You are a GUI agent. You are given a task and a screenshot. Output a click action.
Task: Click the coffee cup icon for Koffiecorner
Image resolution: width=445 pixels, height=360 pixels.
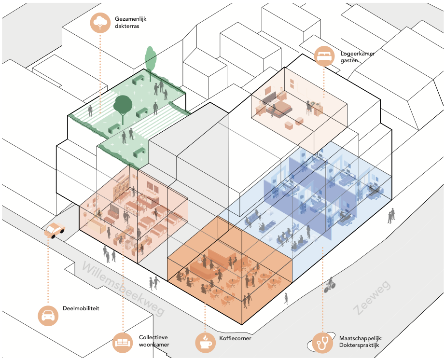click(x=205, y=342)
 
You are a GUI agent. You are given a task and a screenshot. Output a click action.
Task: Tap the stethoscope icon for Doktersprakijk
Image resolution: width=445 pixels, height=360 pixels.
click(x=322, y=343)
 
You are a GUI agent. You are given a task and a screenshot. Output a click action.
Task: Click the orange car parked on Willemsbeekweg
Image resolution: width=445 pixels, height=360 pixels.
click(x=55, y=230)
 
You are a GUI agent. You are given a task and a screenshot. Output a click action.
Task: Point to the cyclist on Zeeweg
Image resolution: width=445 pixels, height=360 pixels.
click(x=330, y=285)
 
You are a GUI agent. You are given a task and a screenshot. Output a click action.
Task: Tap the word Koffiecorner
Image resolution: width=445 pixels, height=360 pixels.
click(x=236, y=338)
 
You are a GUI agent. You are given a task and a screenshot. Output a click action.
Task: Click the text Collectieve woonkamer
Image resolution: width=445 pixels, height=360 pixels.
click(x=153, y=341)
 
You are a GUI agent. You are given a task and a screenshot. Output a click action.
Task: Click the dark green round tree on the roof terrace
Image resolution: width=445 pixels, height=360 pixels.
click(x=123, y=104)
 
